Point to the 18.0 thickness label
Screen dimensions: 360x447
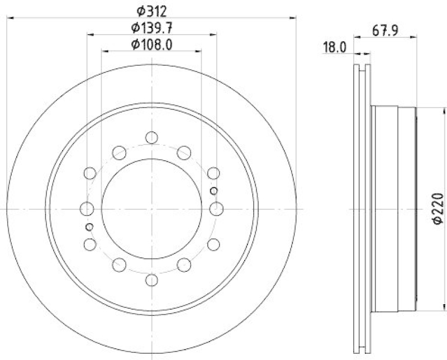point(335,47)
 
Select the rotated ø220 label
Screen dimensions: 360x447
point(438,209)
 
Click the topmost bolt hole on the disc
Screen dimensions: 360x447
point(151,137)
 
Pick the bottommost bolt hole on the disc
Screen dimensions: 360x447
point(151,280)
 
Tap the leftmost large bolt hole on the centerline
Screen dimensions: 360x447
point(87,209)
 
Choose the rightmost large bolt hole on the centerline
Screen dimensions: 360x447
point(216,209)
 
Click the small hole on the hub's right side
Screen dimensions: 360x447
point(213,191)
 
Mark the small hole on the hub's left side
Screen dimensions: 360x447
point(89,226)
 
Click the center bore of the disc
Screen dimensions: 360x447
point(151,209)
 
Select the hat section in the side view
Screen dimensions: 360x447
point(394,209)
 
